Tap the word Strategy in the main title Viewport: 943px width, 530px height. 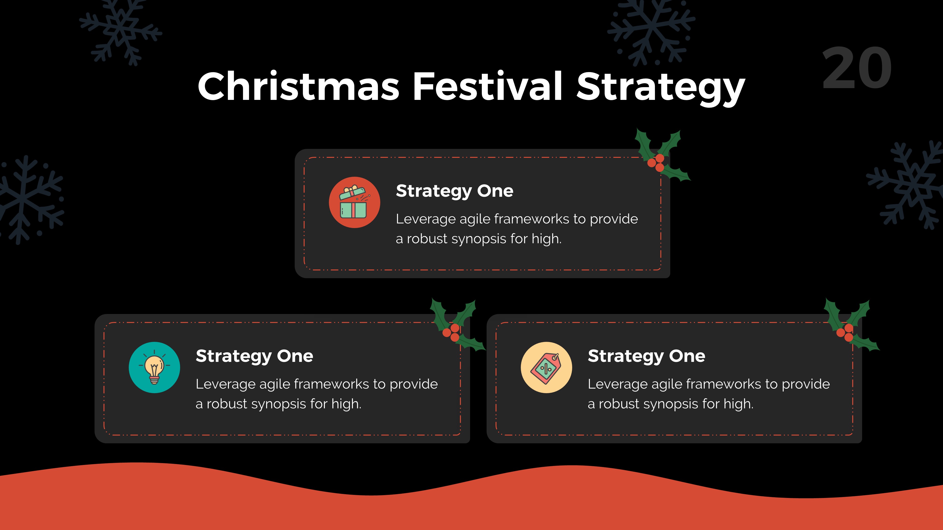[661, 88]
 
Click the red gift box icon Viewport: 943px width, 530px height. [354, 202]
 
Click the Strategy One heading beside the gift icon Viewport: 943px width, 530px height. [454, 191]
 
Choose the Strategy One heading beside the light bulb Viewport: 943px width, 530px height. [254, 356]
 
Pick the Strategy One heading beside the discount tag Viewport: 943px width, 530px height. [646, 356]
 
